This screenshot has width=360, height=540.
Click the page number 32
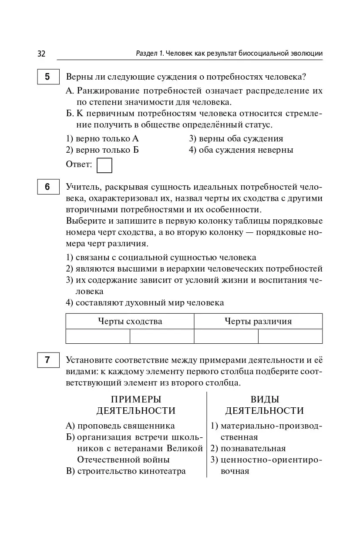(41, 54)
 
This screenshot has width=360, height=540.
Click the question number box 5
(47, 77)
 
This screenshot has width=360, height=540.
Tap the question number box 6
(47, 187)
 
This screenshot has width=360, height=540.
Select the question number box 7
(47, 360)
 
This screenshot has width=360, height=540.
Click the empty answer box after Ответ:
(104, 165)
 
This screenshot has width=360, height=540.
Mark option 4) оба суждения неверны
(241, 150)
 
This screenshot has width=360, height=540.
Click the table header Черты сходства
(130, 321)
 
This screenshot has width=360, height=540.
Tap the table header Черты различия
(258, 321)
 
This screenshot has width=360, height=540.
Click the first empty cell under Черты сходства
(98, 336)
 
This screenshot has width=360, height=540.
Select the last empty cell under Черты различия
(290, 336)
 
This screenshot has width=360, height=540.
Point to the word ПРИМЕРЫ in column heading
(136, 399)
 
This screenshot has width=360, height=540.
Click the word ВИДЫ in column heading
(265, 399)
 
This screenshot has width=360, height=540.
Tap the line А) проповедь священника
(121, 426)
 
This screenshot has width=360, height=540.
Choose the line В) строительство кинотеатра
(126, 471)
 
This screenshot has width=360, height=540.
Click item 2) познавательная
(248, 448)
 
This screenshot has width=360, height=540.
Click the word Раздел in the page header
(147, 54)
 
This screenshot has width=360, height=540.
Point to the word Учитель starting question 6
(82, 187)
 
